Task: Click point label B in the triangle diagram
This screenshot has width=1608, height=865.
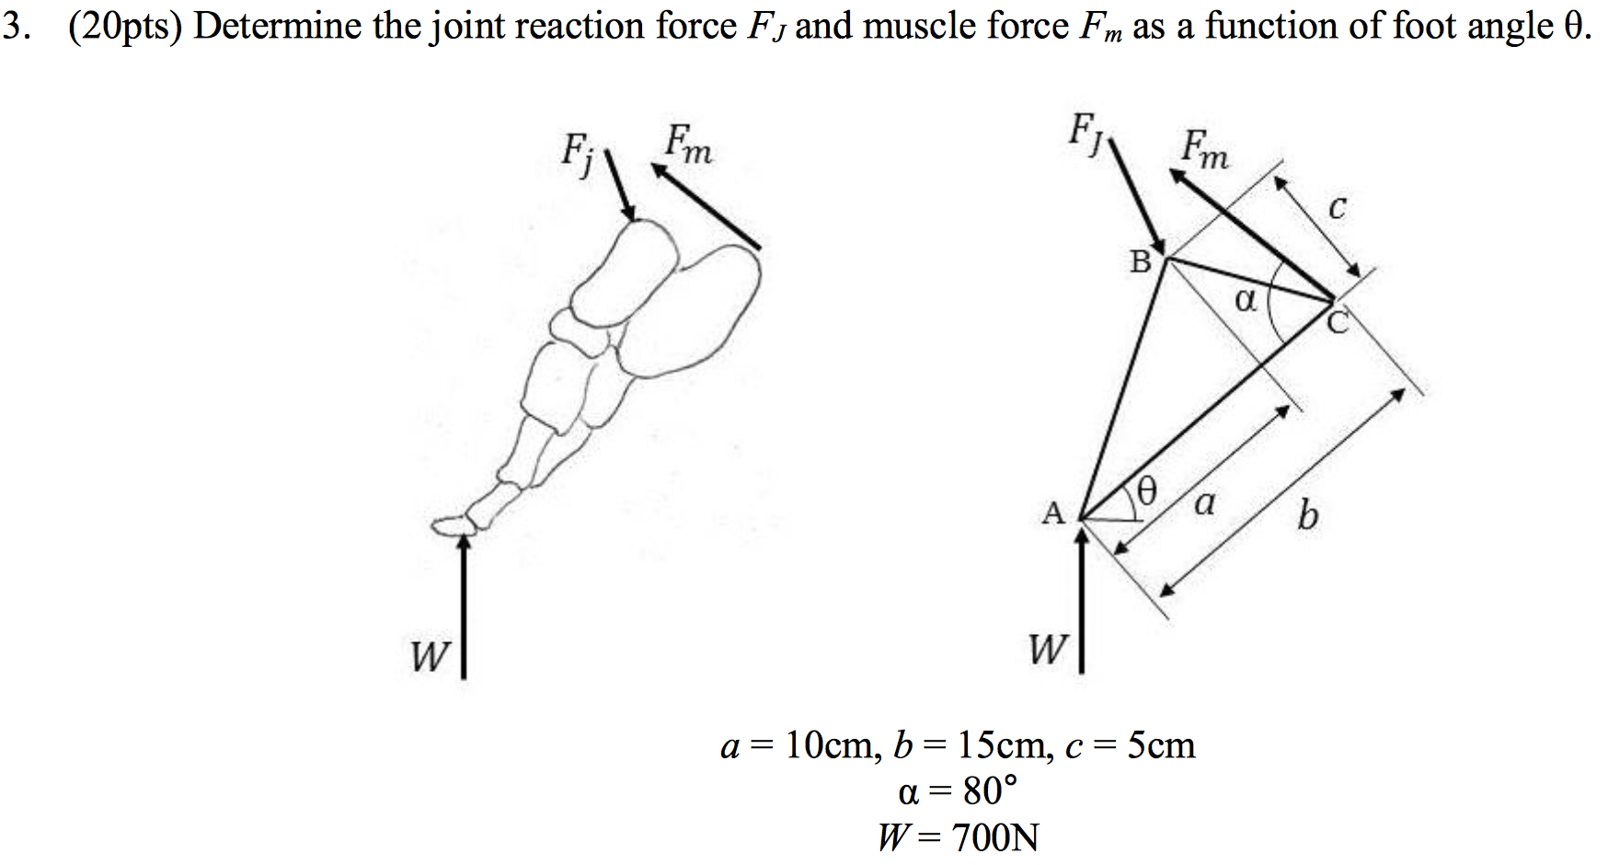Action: [1141, 262]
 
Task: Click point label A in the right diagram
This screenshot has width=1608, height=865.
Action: [1053, 513]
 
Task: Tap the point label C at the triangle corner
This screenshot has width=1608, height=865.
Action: [1338, 322]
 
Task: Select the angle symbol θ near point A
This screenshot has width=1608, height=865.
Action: [1145, 490]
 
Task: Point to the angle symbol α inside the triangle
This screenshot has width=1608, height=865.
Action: [1245, 299]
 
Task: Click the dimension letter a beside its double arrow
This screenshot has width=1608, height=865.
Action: [1204, 503]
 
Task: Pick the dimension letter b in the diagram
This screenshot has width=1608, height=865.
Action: [1307, 514]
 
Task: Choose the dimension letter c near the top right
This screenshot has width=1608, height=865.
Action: [1338, 208]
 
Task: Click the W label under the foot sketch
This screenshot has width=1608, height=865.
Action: [430, 656]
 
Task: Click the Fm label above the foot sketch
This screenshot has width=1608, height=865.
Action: [688, 144]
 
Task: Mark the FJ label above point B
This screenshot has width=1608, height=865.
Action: [1085, 132]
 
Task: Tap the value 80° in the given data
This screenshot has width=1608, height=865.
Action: [990, 790]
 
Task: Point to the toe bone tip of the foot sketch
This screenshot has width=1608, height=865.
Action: [448, 525]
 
